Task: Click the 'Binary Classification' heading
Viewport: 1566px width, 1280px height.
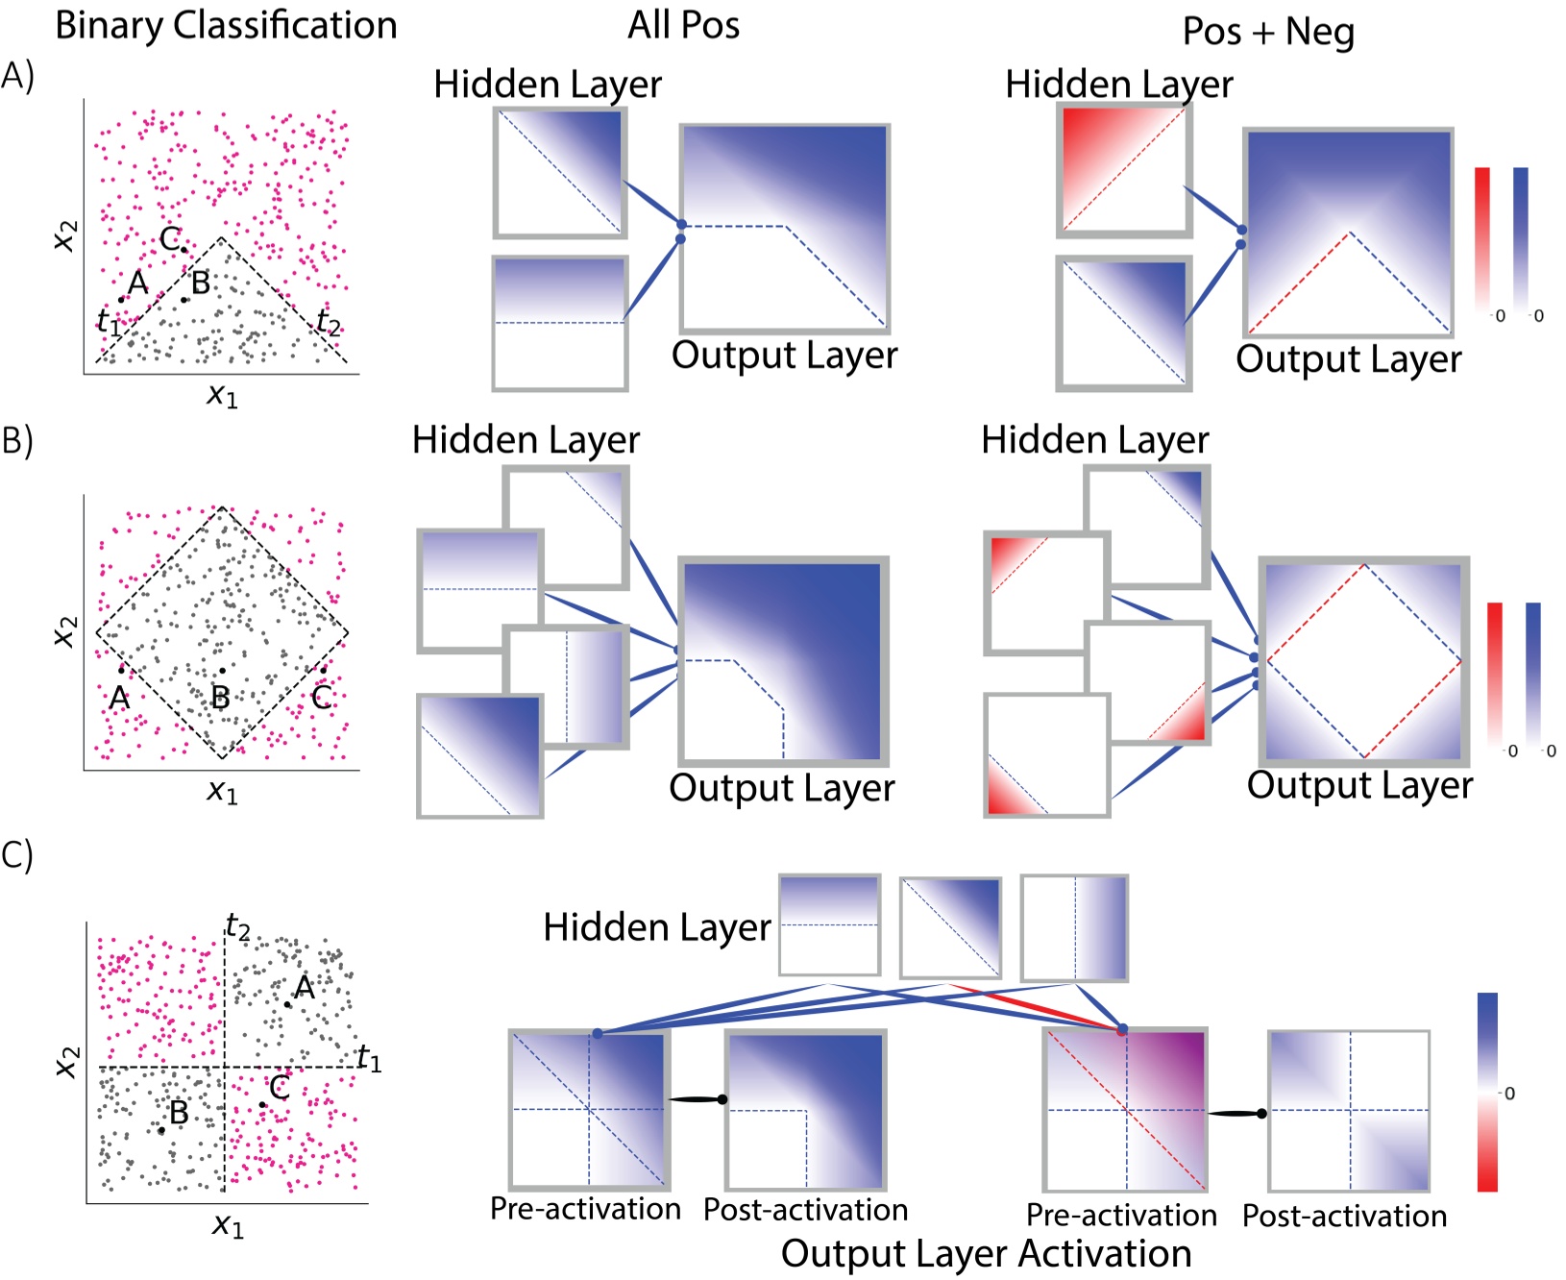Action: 226,26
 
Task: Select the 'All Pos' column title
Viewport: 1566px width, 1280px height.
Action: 683,26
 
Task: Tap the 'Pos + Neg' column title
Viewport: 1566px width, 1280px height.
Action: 1268,33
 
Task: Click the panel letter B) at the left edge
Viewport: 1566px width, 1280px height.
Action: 17,440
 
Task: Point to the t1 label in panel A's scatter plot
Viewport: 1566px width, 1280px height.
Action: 109,322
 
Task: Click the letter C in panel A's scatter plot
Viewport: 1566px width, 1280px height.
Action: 170,238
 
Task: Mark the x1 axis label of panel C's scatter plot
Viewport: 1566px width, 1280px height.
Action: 228,1226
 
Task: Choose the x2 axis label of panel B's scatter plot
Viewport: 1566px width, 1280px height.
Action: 63,631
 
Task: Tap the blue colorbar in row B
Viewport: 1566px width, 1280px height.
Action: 1533,673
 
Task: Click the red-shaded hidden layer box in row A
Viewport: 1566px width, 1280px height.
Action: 1124,169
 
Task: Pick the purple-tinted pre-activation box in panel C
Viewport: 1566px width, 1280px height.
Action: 1125,1110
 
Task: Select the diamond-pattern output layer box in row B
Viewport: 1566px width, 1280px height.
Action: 1364,661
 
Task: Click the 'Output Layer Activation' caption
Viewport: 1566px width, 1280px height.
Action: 986,1254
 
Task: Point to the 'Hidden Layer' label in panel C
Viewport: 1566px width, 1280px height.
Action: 657,927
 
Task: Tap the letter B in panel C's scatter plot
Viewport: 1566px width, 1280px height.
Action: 179,1113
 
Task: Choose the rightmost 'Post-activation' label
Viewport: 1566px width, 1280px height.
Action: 1344,1216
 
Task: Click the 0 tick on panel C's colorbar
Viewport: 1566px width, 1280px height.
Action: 1509,1094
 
